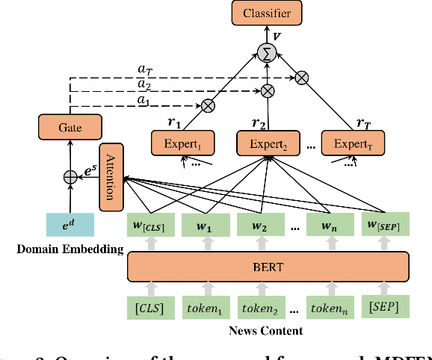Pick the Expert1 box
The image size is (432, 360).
tap(182, 142)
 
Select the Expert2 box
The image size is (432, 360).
tap(267, 142)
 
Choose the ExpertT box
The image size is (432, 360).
tap(352, 142)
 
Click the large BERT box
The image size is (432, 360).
tap(268, 264)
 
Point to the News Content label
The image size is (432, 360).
tap(267, 331)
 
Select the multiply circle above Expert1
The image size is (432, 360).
tap(208, 105)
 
